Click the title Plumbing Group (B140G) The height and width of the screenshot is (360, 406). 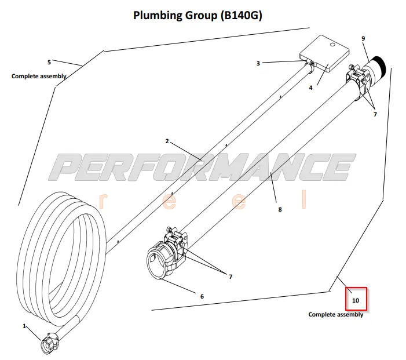pos(197,15)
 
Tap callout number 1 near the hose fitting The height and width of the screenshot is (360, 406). pos(25,326)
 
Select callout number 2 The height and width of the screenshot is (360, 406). pos(167,141)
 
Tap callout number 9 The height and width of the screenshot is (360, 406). pos(363,38)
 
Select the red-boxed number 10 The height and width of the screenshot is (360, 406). pos(356,301)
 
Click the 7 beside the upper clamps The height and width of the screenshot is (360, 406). pos(375,114)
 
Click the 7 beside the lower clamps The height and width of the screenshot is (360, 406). pos(230,277)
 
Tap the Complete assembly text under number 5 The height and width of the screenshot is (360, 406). pos(39,76)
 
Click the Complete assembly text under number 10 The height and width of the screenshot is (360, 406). pos(336,315)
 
